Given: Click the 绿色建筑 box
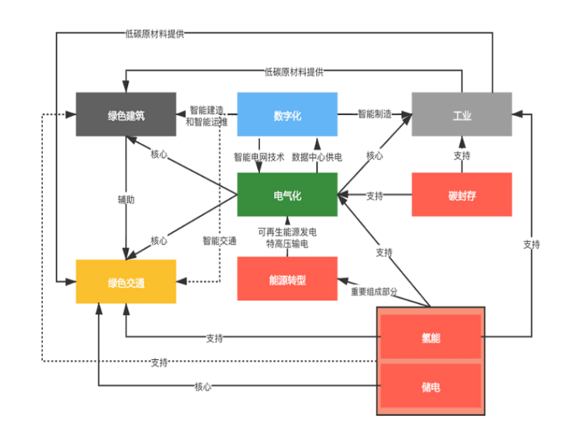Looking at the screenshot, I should pyautogui.click(x=126, y=114).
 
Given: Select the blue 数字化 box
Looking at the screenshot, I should pyautogui.click(x=287, y=114).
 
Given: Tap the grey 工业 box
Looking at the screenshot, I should pyautogui.click(x=462, y=115).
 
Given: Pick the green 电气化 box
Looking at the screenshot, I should pyautogui.click(x=287, y=195).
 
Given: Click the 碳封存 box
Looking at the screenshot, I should pyautogui.click(x=462, y=195).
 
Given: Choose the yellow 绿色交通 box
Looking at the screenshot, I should pyautogui.click(x=126, y=282).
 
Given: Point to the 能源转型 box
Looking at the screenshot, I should pyautogui.click(x=287, y=279).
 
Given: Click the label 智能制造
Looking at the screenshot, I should pyautogui.click(x=375, y=114).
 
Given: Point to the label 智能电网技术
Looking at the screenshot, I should pyautogui.click(x=259, y=157).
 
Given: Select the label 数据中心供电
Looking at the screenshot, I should pyautogui.click(x=317, y=157).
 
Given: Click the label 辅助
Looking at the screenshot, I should pyautogui.click(x=126, y=200).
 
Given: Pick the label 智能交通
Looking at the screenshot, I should pyautogui.click(x=219, y=240).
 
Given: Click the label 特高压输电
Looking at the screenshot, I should pyautogui.click(x=287, y=243).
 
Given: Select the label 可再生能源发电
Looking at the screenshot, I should pyautogui.click(x=287, y=231).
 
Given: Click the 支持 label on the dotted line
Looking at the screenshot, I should pyautogui.click(x=159, y=362).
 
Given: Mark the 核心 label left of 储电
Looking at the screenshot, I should pyautogui.click(x=203, y=386).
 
